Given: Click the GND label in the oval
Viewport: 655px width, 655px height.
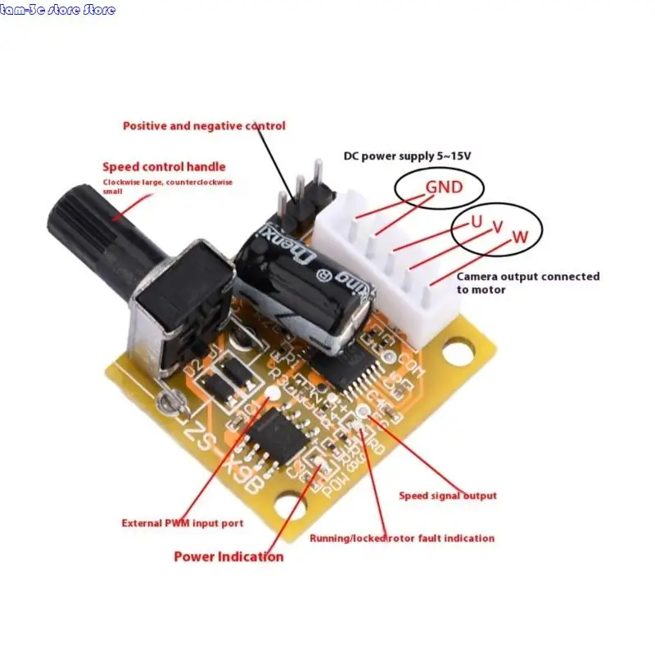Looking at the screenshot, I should [443, 187].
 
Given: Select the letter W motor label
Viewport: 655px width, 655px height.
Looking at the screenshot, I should [520, 237].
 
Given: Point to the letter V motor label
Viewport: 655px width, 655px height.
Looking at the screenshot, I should [497, 230].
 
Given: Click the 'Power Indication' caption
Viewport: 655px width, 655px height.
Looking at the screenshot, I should [228, 557].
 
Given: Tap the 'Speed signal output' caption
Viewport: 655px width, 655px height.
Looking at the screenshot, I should [447, 495].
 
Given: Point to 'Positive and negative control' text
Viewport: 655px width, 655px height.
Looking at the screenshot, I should [204, 125].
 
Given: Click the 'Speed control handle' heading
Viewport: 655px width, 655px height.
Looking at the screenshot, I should [164, 166].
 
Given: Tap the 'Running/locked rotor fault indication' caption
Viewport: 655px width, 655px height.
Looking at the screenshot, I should [401, 538].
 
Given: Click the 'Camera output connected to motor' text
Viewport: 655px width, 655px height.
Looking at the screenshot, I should [527, 282].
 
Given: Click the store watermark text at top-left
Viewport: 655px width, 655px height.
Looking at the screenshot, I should [58, 10].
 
